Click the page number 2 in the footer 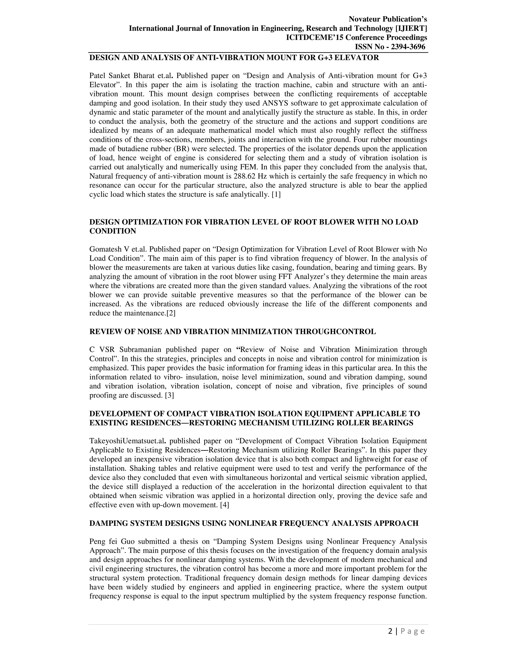(390, 631)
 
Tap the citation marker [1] (276, 195)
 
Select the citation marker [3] (169, 395)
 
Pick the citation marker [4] (224, 505)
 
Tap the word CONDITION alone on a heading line (113, 231)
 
